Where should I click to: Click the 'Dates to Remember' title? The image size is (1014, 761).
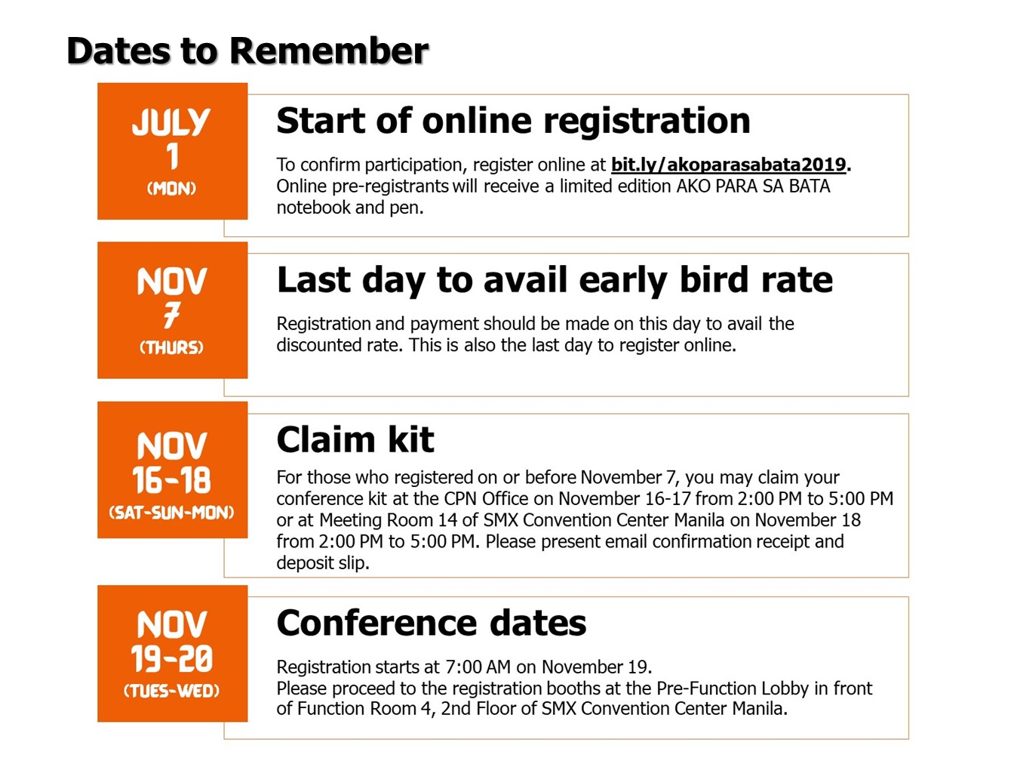[x=247, y=51]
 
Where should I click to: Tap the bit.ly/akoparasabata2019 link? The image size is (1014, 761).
[x=729, y=165]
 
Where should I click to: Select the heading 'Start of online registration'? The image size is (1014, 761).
[x=513, y=121]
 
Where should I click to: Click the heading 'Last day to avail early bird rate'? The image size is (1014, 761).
[x=555, y=280]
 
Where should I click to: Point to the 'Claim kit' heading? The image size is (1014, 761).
[x=355, y=439]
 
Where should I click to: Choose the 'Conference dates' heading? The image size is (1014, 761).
[x=432, y=623]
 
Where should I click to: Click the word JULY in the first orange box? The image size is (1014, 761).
[x=171, y=122]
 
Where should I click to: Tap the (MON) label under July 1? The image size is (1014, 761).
[x=171, y=188]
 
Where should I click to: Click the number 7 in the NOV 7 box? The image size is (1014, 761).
[x=171, y=316]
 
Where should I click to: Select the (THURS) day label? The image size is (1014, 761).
[x=171, y=347]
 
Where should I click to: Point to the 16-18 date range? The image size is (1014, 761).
[x=171, y=480]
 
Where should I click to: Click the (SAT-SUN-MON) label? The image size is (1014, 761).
[x=171, y=513]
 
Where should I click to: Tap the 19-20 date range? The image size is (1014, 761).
[x=171, y=658]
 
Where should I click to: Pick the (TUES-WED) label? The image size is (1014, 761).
[x=171, y=691]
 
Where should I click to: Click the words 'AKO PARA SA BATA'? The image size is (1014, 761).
[x=754, y=186]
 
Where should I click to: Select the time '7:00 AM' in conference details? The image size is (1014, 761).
[x=478, y=667]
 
